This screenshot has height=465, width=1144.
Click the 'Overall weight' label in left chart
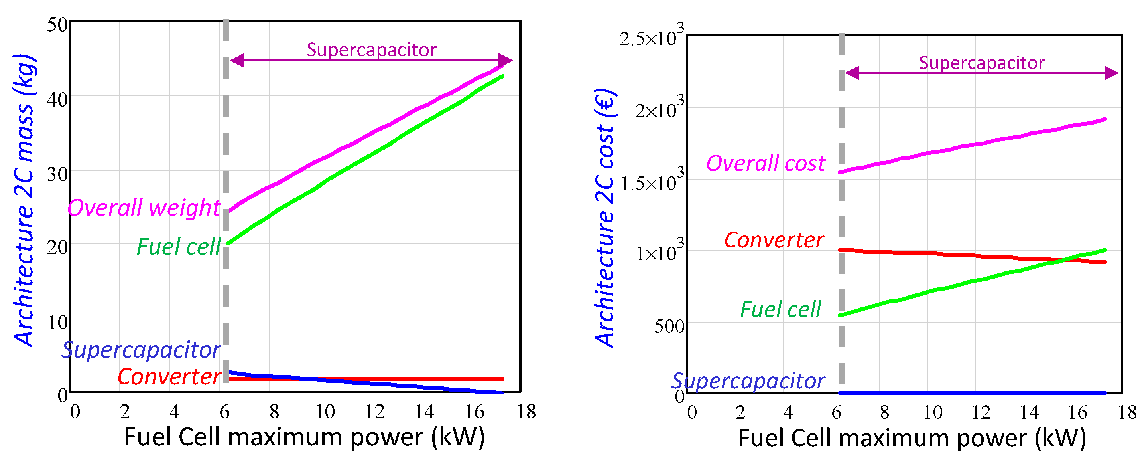pyautogui.click(x=144, y=208)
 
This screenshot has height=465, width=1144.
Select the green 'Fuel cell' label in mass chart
pyautogui.click(x=179, y=247)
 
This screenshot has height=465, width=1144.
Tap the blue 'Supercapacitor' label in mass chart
pyautogui.click(x=141, y=350)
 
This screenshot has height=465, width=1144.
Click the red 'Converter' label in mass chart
pyautogui.click(x=169, y=376)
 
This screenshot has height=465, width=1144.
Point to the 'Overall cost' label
pyautogui.click(x=766, y=163)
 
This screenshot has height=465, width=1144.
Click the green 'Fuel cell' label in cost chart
pyautogui.click(x=780, y=309)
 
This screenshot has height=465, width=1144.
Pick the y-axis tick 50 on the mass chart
pyautogui.click(x=57, y=25)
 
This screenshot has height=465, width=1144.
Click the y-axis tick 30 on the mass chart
pyautogui.click(x=57, y=174)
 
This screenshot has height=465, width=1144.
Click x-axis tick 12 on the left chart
pyautogui.click(x=374, y=412)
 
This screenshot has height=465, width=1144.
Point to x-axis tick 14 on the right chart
pyautogui.click(x=1029, y=413)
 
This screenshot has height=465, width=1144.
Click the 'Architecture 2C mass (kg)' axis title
pyautogui.click(x=24, y=200)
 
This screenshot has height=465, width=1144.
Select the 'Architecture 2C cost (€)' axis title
pyautogui.click(x=605, y=218)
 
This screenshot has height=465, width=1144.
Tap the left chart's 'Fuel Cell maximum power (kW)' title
pyautogui.click(x=304, y=437)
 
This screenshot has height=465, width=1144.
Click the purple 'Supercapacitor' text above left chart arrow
pyautogui.click(x=371, y=50)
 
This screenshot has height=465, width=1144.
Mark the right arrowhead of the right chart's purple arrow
pyautogui.click(x=1111, y=73)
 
